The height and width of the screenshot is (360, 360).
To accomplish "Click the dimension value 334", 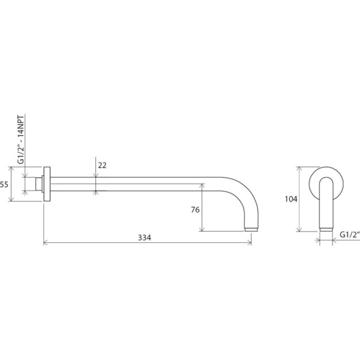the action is pos(145,238).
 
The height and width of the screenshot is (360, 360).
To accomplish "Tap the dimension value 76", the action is pos(196,209).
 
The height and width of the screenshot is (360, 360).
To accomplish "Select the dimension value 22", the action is pos(102,166).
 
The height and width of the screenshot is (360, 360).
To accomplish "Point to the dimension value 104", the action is pos(291,199).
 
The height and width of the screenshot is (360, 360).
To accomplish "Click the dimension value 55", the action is pos(4,184).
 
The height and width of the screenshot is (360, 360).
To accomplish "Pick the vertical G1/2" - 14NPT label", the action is pos(21,140).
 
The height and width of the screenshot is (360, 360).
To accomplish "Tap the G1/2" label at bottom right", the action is pos(350,235).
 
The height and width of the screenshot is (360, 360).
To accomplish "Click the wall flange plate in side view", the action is pos(47,184).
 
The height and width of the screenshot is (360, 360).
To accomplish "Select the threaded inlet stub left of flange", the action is pos(38,184).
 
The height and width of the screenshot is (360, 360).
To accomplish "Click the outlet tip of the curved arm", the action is pos(251,229).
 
